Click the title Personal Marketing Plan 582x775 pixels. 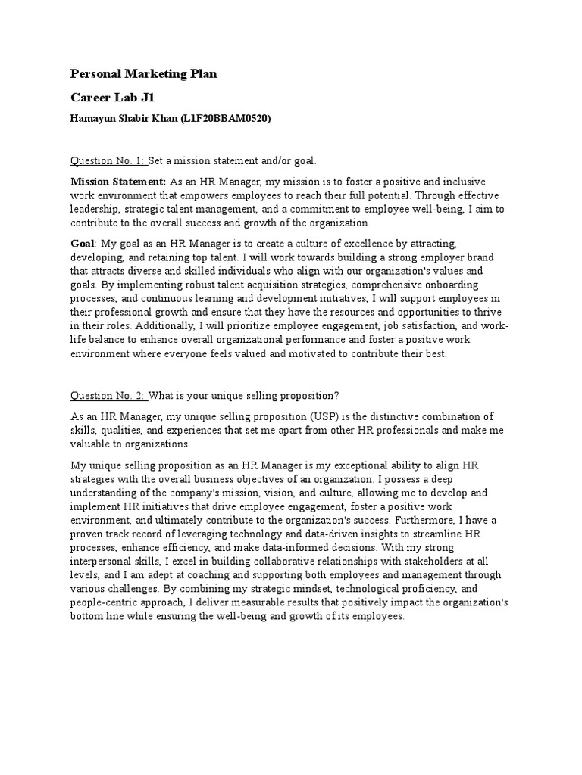pos(144,73)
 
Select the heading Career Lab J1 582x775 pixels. pos(112,98)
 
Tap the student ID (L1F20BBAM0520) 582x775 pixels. pos(226,119)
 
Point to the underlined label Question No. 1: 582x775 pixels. pos(108,161)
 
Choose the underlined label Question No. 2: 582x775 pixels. pos(108,396)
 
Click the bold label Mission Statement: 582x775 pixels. pos(118,182)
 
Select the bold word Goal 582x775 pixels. pos(83,243)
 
